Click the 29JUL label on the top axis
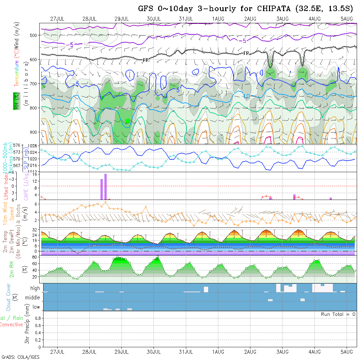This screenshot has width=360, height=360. (122, 19)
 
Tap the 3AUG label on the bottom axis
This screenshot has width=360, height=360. (282, 352)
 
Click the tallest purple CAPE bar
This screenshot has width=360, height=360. (105, 187)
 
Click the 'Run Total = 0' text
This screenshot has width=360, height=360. (338, 314)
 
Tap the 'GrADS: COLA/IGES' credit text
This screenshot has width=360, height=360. (20, 357)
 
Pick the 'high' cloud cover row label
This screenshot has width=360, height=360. (35, 288)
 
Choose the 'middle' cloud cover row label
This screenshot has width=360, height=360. (33, 298)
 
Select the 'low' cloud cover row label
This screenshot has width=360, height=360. (36, 307)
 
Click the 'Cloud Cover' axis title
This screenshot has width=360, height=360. (9, 297)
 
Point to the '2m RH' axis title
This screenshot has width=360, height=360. (12, 269)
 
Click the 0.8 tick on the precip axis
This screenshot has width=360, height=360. (38, 318)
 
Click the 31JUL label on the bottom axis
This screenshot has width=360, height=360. (186, 352)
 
